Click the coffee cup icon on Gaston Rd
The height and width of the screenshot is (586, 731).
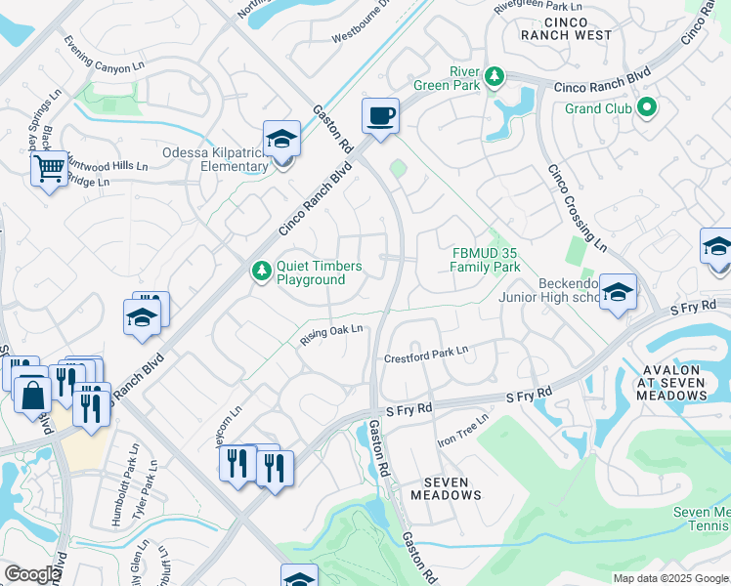click(x=380, y=116)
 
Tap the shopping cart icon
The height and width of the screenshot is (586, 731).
click(x=48, y=169)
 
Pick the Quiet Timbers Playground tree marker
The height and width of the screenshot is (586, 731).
click(x=261, y=272)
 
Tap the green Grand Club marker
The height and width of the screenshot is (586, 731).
click(x=646, y=107)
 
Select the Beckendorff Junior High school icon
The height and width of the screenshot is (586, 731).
click(x=618, y=291)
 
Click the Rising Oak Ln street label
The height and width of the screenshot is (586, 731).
click(x=331, y=334)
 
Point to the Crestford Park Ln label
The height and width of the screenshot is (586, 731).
click(x=426, y=353)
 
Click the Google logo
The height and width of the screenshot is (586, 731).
click(x=32, y=574)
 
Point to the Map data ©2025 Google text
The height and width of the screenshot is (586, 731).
click(x=670, y=578)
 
